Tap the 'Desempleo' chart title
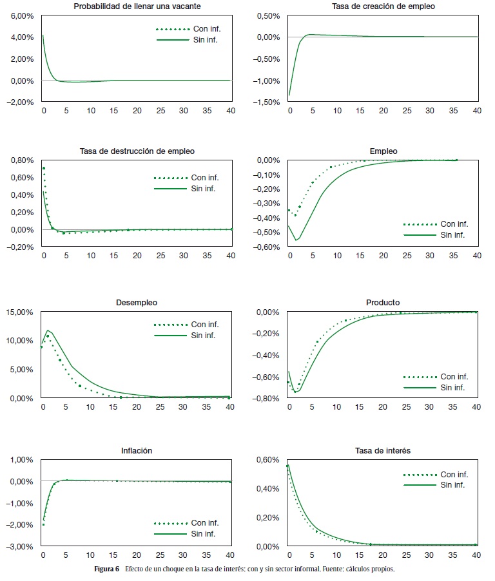136,302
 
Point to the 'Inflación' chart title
136,451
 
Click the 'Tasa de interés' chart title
383,451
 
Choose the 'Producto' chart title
383,302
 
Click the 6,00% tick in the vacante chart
22,15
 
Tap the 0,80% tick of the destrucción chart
22,160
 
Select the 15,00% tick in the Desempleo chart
20,312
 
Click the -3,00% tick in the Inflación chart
21,547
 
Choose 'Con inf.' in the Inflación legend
204,522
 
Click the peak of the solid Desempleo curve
48,330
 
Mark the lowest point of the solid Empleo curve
296,240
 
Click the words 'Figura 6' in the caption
108,569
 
